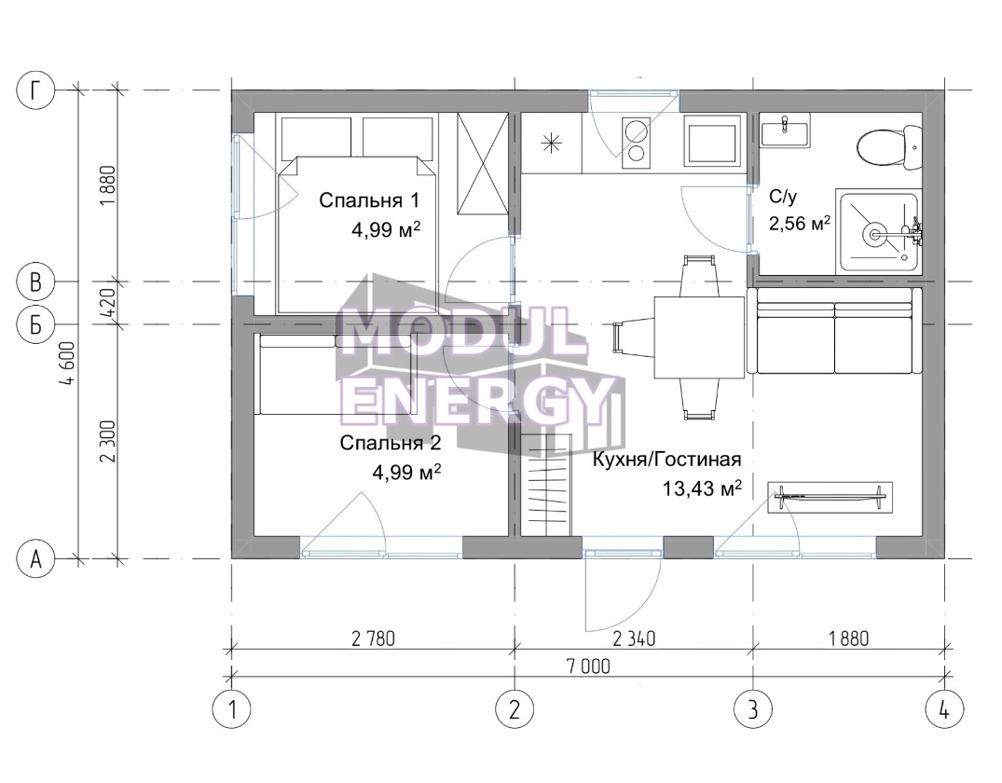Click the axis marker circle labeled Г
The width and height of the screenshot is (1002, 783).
[x=35, y=90]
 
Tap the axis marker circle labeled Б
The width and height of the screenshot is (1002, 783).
[x=35, y=324]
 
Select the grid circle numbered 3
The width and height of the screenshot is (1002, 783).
[x=753, y=708]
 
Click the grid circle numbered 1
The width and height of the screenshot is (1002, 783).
[x=231, y=708]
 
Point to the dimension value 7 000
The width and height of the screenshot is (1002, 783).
[x=588, y=666]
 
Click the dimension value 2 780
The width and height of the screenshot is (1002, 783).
[x=373, y=638]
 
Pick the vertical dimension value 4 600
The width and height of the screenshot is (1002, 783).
[x=69, y=363]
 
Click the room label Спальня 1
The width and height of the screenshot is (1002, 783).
[x=369, y=200]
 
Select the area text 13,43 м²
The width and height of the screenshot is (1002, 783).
[x=702, y=489]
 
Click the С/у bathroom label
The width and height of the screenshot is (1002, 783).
[x=783, y=197]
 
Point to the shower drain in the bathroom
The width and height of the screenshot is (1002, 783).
[x=873, y=235]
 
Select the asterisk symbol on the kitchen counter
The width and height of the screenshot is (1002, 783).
[x=550, y=144]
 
